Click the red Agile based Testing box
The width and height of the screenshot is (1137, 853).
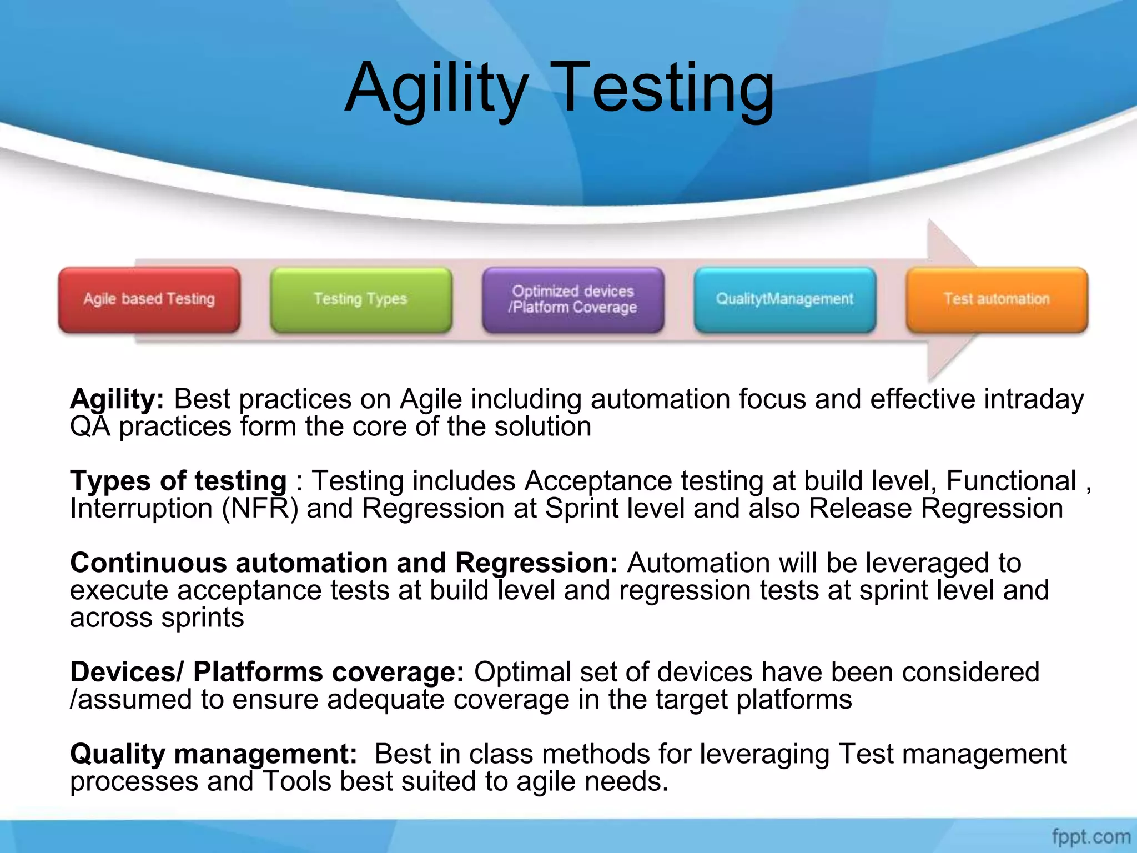(x=149, y=300)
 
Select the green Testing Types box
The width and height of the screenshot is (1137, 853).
(x=361, y=300)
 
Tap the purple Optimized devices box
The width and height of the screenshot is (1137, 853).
(x=573, y=300)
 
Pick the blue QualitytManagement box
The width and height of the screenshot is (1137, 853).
(x=784, y=300)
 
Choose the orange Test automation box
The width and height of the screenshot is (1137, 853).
(x=997, y=300)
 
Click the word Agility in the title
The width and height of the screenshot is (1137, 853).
(x=436, y=89)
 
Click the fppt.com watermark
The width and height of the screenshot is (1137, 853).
(x=1091, y=836)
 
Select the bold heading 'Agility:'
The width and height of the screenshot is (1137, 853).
(x=117, y=399)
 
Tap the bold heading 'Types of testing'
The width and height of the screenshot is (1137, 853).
(x=178, y=481)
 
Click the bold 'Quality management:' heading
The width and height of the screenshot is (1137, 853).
(x=213, y=754)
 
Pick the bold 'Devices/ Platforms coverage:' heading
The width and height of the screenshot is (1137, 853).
(x=266, y=672)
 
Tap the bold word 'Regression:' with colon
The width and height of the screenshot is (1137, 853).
(x=536, y=563)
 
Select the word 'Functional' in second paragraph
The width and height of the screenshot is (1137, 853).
(x=1011, y=481)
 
